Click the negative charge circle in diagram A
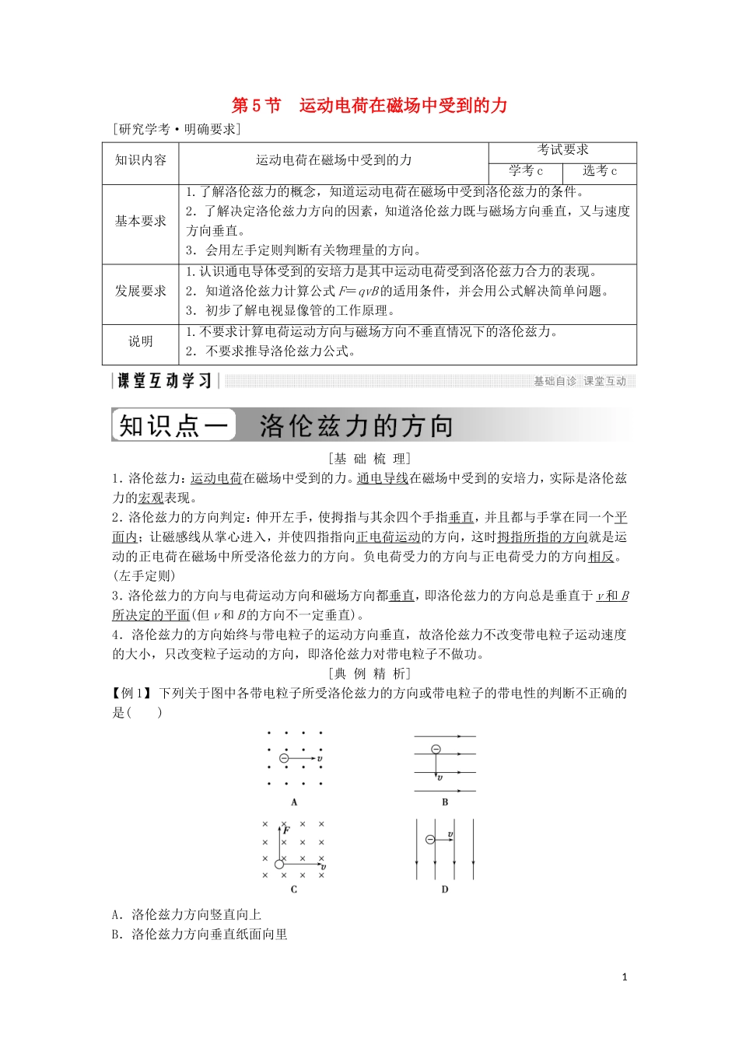click(284, 758)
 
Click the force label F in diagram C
click(287, 830)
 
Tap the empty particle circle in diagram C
click(279, 863)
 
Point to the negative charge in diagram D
click(430, 840)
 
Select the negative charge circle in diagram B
click(436, 750)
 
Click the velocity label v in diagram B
click(440, 778)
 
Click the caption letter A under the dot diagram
click(294, 802)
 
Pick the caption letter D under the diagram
click(445, 889)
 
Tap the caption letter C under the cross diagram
click(294, 889)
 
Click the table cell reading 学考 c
click(526, 171)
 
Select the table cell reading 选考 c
click(600, 171)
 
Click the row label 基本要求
click(141, 221)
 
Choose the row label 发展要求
click(141, 291)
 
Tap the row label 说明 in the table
click(141, 341)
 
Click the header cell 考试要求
click(562, 150)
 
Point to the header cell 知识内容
click(141, 160)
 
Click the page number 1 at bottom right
click(625, 977)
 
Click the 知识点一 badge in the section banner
click(173, 425)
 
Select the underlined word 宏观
click(151, 498)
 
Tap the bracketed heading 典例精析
click(369, 673)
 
